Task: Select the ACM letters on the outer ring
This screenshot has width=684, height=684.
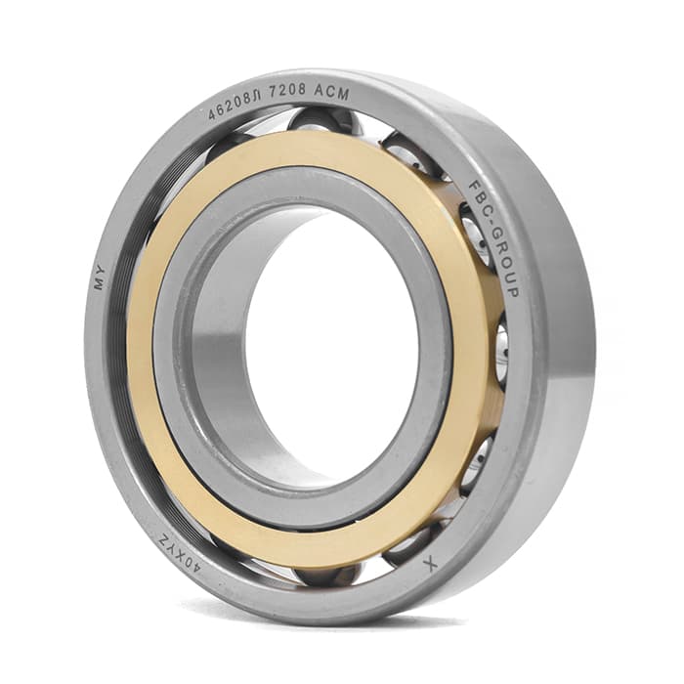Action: (x=331, y=92)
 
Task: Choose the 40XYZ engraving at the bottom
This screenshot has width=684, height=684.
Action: (x=180, y=554)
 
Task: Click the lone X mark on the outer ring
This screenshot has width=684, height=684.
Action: (x=430, y=564)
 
